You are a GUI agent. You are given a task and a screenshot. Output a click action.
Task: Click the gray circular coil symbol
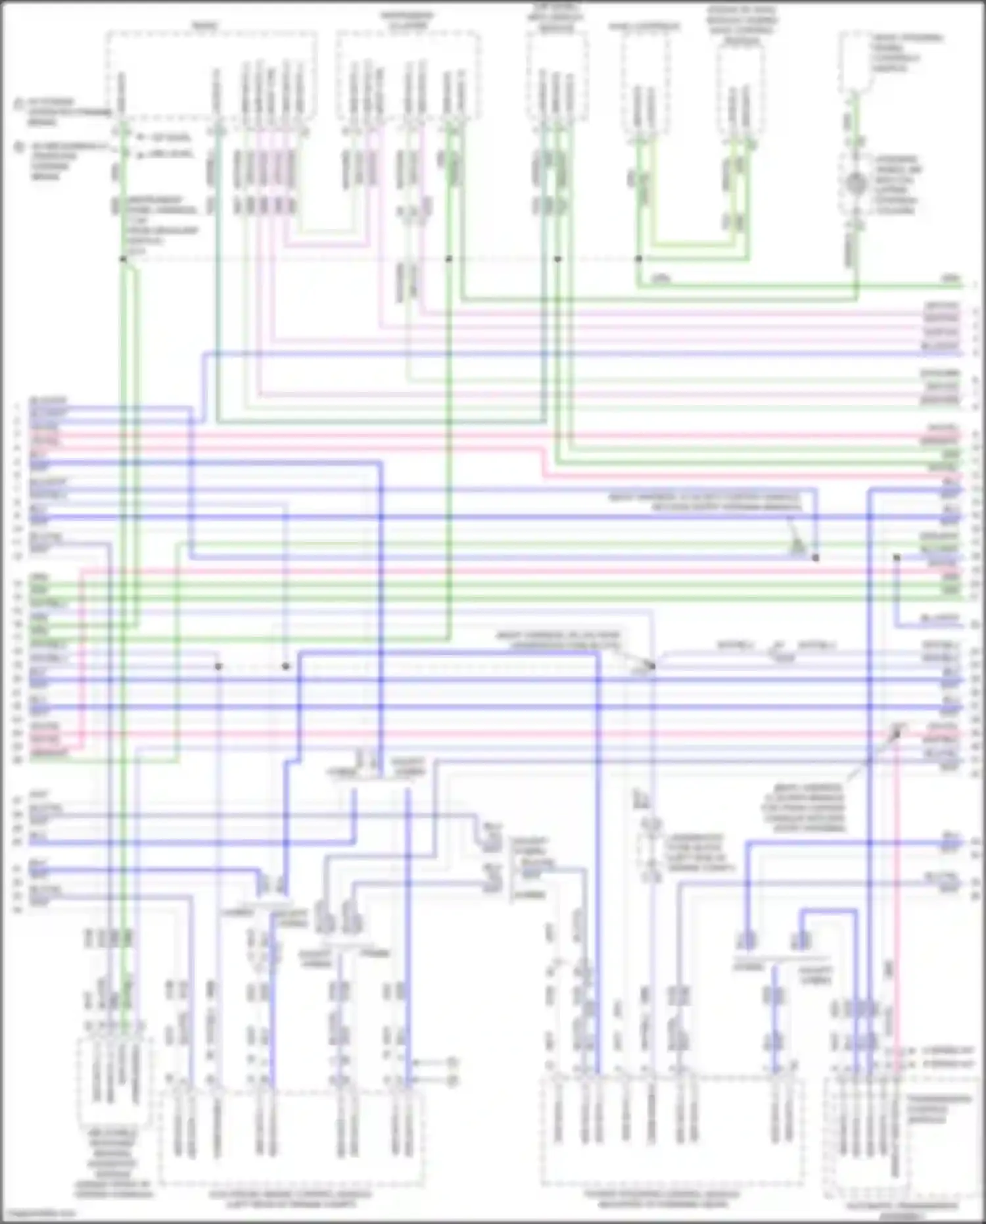pyautogui.click(x=855, y=184)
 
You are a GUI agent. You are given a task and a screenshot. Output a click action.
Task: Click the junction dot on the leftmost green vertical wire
pyautogui.click(x=123, y=259)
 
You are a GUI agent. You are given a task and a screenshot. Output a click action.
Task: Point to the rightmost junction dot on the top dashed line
pyautogui.click(x=638, y=259)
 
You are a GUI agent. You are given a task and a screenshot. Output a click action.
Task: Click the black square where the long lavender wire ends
pyautogui.click(x=816, y=558)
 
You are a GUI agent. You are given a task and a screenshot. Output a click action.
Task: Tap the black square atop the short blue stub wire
pyautogui.click(x=896, y=558)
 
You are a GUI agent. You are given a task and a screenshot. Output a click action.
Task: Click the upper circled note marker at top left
pyautogui.click(x=19, y=104)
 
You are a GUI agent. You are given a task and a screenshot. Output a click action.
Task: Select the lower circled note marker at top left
pyautogui.click(x=19, y=147)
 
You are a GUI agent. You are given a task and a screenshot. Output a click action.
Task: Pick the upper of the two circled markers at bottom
pyautogui.click(x=452, y=1062)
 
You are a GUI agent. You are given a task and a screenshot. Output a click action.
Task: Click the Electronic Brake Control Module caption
pyautogui.click(x=290, y=1198)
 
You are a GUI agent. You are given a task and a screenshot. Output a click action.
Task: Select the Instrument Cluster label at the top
pyautogui.click(x=407, y=20)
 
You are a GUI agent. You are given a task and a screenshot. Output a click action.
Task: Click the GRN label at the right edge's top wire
pyautogui.click(x=951, y=279)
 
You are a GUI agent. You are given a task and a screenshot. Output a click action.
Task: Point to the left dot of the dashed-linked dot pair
pyautogui.click(x=218, y=666)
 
